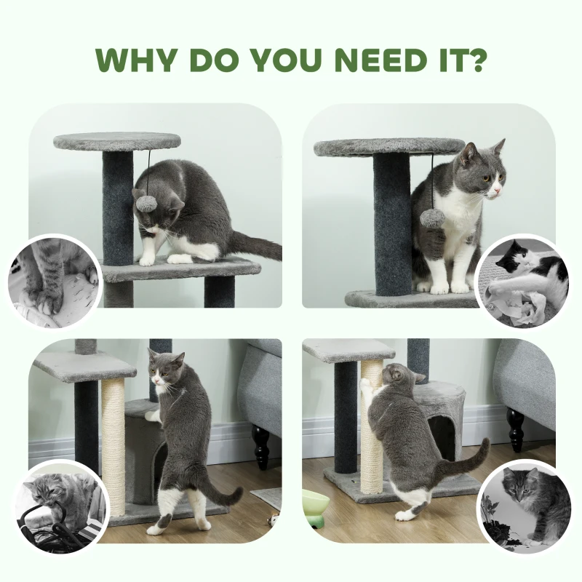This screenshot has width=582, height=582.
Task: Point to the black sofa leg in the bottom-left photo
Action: coord(260,447)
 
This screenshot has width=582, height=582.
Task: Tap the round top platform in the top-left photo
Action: coord(117,141)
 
